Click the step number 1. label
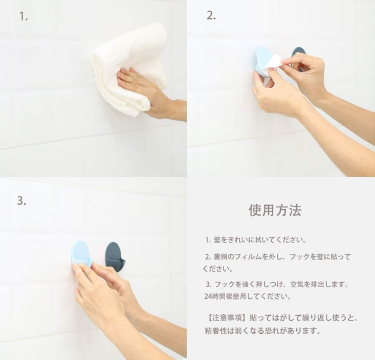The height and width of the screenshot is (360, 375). pyautogui.click(x=23, y=16)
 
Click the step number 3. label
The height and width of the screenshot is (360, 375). pyautogui.click(x=21, y=201)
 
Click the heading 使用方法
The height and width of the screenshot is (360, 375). pyautogui.click(x=275, y=210)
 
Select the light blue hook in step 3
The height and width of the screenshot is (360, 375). pyautogui.click(x=81, y=254)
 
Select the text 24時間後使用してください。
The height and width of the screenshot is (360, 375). pyautogui.click(x=247, y=297)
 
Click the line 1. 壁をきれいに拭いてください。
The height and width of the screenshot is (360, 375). pyautogui.click(x=256, y=240)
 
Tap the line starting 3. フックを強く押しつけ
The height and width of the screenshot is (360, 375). pyautogui.click(x=277, y=284)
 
